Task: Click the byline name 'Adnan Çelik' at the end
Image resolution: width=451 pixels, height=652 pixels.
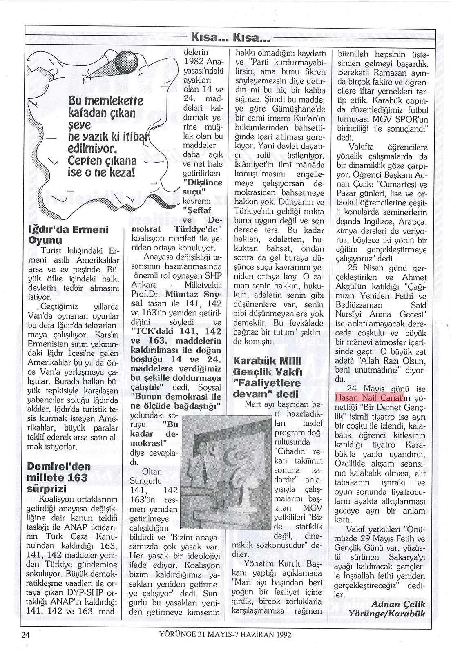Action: pyautogui.click(x=399, y=604)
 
